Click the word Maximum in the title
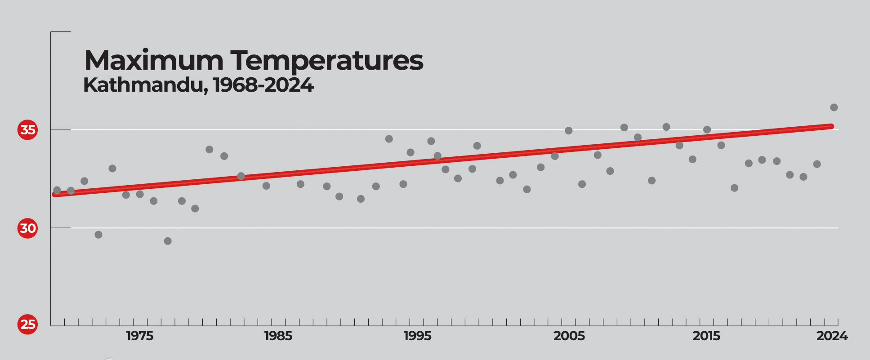pyautogui.click(x=153, y=61)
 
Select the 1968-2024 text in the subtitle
pyautogui.click(x=263, y=85)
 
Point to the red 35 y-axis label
pyautogui.click(x=27, y=130)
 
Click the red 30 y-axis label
pyautogui.click(x=27, y=228)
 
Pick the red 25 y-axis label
pyautogui.click(x=27, y=324)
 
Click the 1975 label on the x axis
pyautogui.click(x=139, y=336)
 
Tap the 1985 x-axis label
pyautogui.click(x=278, y=336)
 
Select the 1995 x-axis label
pyautogui.click(x=417, y=336)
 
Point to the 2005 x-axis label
pyautogui.click(x=569, y=336)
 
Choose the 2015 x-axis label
pyautogui.click(x=706, y=336)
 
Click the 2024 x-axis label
pyautogui.click(x=832, y=336)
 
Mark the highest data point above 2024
pyautogui.click(x=834, y=107)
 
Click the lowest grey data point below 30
pyautogui.click(x=168, y=241)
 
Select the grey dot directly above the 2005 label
pyautogui.click(x=568, y=131)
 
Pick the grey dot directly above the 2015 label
pyautogui.click(x=707, y=130)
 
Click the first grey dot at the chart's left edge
pyautogui.click(x=57, y=190)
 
